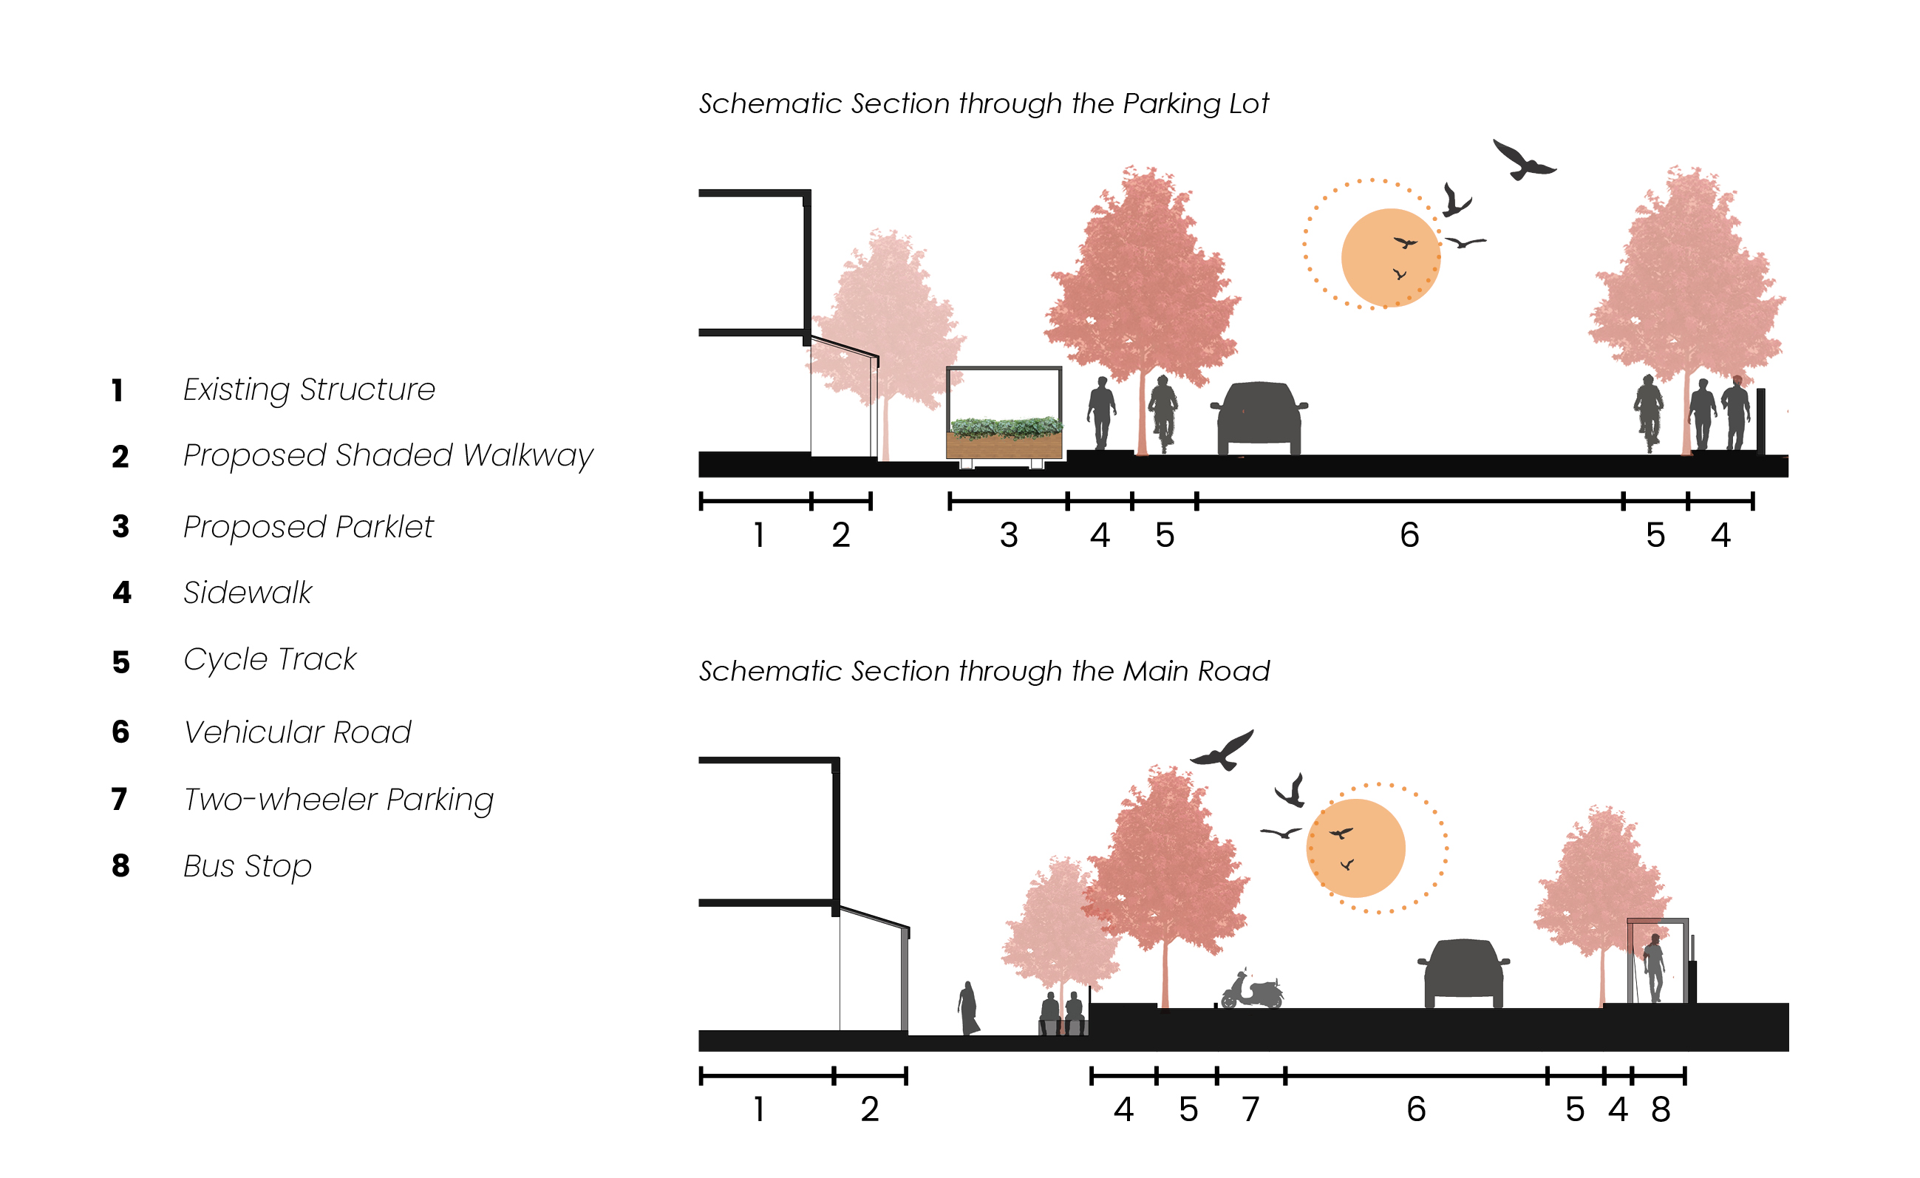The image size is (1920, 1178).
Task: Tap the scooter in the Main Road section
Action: coord(1251,992)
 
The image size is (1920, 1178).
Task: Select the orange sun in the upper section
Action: coord(1390,258)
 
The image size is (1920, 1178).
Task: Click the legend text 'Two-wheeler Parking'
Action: coord(338,800)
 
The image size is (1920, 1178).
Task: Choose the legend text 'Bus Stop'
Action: coord(247,866)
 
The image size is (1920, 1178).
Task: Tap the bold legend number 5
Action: coord(120,662)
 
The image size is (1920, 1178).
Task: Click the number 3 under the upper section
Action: coord(1008,536)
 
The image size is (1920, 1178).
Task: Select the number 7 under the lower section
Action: coord(1250,1109)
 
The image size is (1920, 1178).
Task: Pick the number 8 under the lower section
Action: coord(1661,1109)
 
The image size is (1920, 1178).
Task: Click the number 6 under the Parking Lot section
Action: coord(1409,536)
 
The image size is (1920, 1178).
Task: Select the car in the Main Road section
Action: coord(1463,974)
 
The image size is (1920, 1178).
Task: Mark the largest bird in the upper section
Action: coord(1522,160)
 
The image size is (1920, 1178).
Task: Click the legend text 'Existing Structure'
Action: coord(309,389)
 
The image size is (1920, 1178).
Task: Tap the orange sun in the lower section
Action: coord(1356,848)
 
